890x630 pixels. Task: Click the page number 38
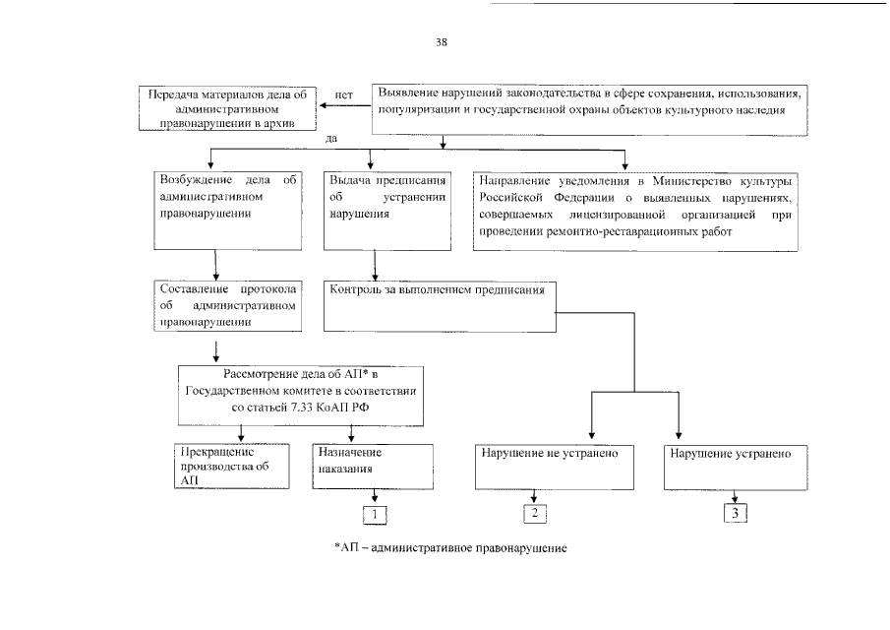(442, 42)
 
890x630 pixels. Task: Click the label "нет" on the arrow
(343, 94)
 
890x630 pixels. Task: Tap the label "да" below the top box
(330, 138)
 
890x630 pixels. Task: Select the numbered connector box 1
(373, 513)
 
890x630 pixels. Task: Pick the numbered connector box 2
(534, 513)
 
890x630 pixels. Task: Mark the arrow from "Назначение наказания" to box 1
(374, 495)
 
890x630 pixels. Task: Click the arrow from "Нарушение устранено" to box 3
(732, 496)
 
